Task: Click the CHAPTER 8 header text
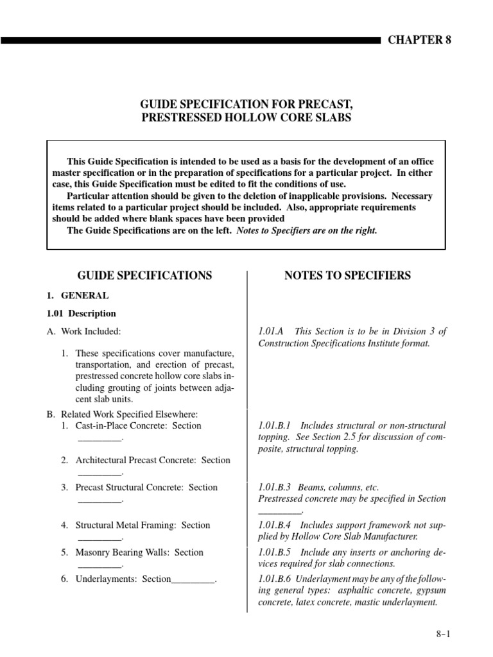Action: [419, 40]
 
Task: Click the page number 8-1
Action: [444, 635]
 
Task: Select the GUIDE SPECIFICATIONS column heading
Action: [144, 275]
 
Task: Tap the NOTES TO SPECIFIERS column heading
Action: [347, 275]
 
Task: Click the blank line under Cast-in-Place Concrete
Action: [99, 439]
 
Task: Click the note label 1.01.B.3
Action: [275, 488]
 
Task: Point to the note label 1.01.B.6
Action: [275, 579]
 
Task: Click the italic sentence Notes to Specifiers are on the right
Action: [307, 231]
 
